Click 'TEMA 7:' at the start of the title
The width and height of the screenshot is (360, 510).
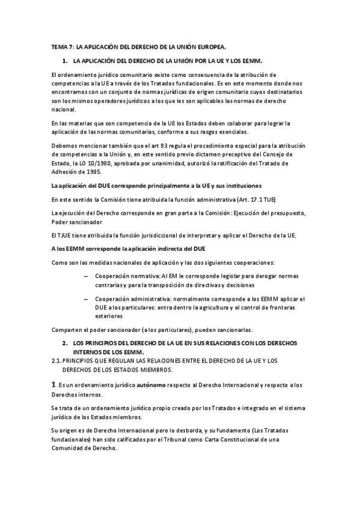[61, 46]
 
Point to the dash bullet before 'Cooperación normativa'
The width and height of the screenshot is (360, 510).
[87, 274]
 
